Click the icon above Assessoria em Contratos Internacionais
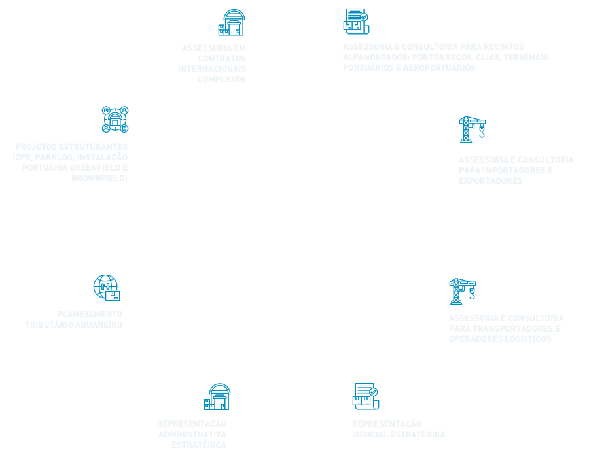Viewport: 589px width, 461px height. [231, 23]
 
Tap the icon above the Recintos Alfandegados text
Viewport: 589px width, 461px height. [356, 21]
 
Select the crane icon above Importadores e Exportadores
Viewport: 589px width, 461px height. [472, 129]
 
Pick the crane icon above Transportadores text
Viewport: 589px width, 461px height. [462, 291]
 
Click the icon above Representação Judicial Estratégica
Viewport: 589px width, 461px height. [365, 396]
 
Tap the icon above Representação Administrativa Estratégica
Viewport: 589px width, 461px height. [217, 397]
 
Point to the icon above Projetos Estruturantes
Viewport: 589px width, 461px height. [115, 119]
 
